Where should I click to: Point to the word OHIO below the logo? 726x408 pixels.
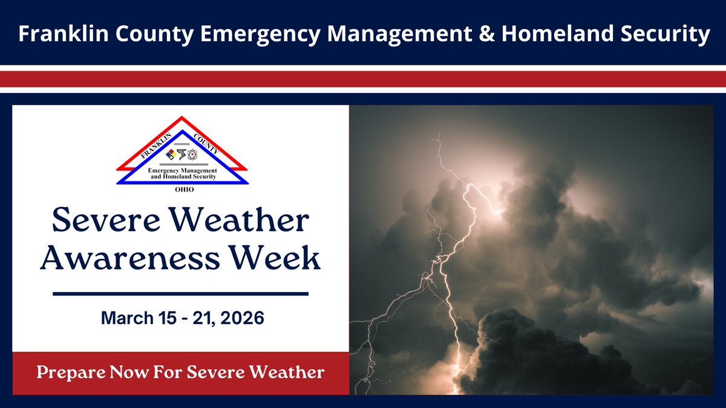(182, 189)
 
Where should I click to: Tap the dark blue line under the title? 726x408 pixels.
(181, 294)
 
